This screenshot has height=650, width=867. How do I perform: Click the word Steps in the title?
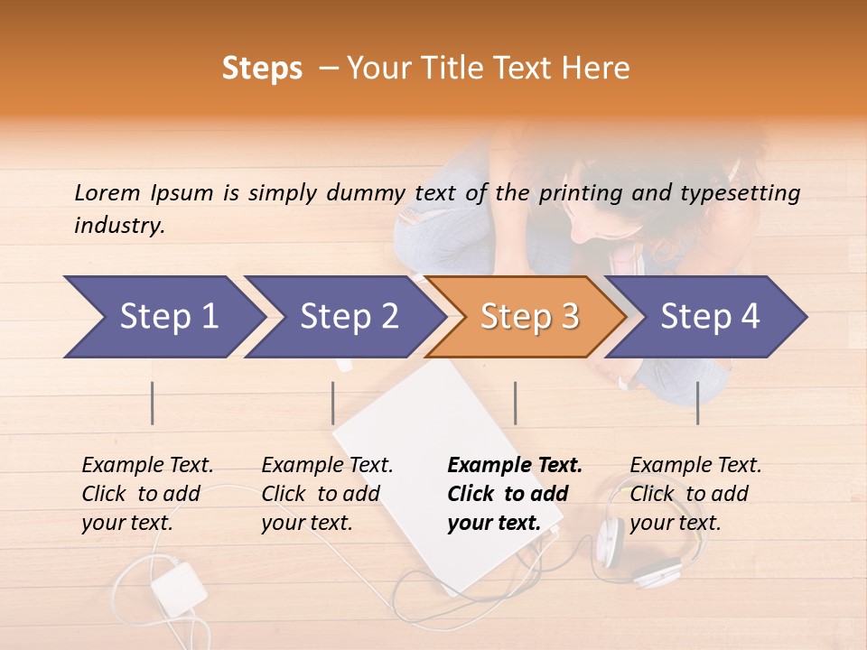[x=262, y=70]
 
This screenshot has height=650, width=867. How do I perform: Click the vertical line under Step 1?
[x=153, y=403]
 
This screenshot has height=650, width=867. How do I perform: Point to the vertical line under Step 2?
[x=333, y=403]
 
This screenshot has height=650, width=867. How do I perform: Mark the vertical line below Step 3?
[x=515, y=403]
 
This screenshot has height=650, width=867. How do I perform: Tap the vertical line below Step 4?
[x=698, y=403]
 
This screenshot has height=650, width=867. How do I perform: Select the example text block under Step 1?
[x=147, y=494]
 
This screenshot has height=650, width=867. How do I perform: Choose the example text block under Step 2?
[x=327, y=494]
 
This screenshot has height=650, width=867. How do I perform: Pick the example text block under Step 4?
[x=695, y=494]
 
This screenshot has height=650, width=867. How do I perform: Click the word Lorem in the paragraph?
[x=107, y=193]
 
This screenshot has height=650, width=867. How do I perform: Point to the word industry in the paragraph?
[x=119, y=226]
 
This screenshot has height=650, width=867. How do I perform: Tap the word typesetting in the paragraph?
[x=746, y=193]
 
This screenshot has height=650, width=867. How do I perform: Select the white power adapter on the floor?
[x=179, y=585]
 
